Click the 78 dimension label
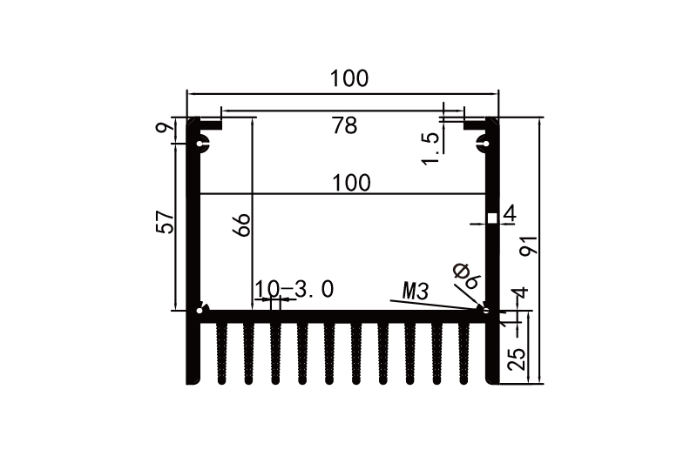click(x=344, y=126)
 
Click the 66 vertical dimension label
click(x=242, y=225)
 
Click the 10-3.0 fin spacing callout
click(x=294, y=289)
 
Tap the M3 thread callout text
click(x=416, y=291)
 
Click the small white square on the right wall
click(x=491, y=218)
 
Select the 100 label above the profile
click(x=348, y=78)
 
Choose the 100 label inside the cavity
click(x=351, y=183)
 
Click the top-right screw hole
click(x=483, y=143)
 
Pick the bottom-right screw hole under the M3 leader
click(x=485, y=308)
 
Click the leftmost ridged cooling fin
click(x=222, y=352)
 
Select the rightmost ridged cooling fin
click(x=464, y=352)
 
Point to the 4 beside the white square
click(x=510, y=213)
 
